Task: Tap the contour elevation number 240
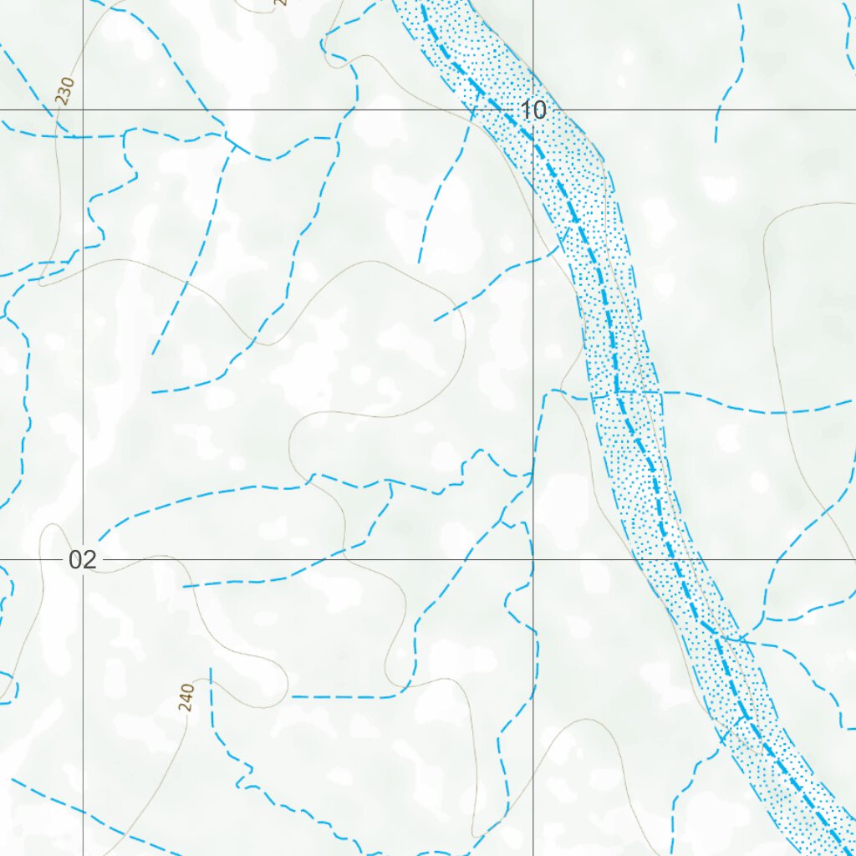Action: (186, 697)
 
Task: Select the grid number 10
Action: (532, 110)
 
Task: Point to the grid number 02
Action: (82, 560)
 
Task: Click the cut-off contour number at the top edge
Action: (280, 3)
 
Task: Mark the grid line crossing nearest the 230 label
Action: (83, 110)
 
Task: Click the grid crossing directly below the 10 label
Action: (533, 559)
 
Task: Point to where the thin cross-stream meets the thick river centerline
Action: (617, 391)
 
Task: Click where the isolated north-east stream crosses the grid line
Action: (718, 110)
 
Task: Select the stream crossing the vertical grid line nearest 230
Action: (83, 137)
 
